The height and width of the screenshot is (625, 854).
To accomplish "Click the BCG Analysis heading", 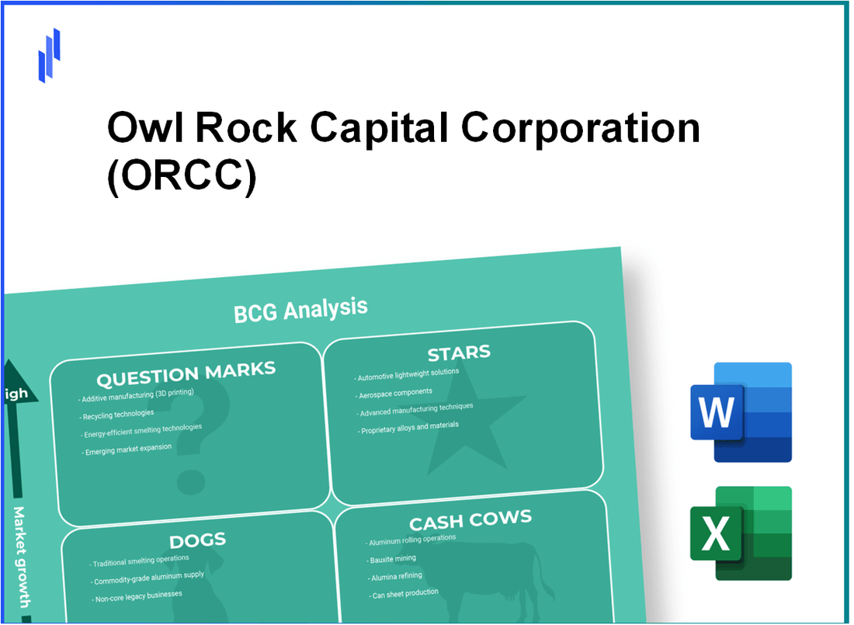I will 300,310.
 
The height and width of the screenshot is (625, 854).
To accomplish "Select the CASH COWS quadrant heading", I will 470,519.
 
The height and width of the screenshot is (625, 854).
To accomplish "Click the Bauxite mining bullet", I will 394,558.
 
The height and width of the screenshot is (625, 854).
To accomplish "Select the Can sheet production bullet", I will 406,593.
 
